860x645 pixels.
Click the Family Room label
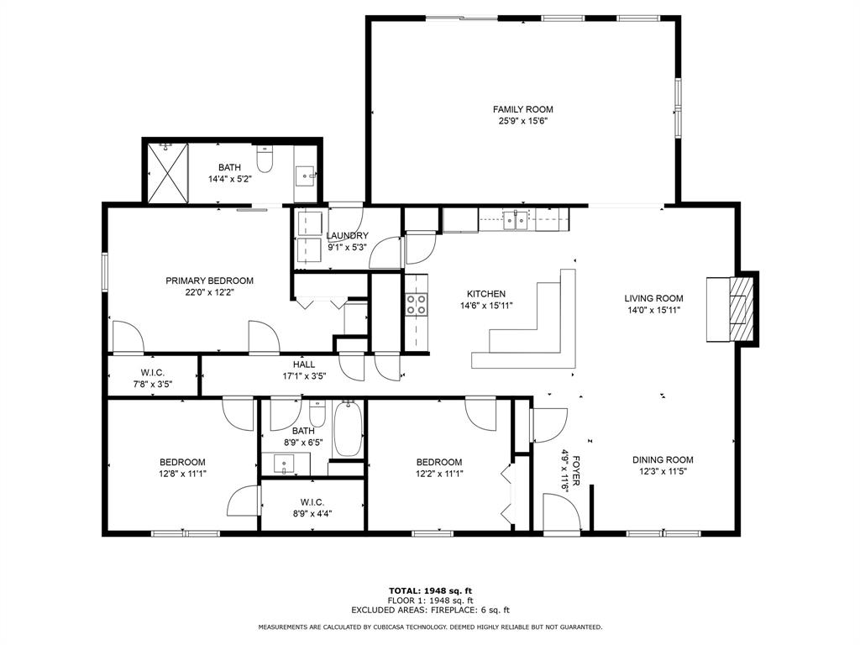coord(522,109)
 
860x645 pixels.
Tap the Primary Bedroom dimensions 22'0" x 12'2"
coord(209,292)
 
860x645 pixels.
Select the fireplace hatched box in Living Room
coord(742,309)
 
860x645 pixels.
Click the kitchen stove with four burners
coord(417,305)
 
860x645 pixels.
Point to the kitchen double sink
coord(516,219)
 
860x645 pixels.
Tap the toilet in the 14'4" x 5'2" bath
coord(265,159)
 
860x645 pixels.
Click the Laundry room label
coord(347,236)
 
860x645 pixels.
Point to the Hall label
coord(304,364)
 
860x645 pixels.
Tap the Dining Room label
coord(663,459)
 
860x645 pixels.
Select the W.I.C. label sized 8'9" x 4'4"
coord(312,502)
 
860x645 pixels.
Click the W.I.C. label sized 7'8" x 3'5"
coord(153,373)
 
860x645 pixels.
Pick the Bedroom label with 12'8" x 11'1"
coord(182,462)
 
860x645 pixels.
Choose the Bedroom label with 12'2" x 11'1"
coord(438,462)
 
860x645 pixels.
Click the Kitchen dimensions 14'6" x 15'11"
coord(486,306)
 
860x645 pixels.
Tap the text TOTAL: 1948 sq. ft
coord(430,590)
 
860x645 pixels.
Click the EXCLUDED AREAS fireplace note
coord(430,610)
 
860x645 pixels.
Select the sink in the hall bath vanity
coord(284,464)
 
